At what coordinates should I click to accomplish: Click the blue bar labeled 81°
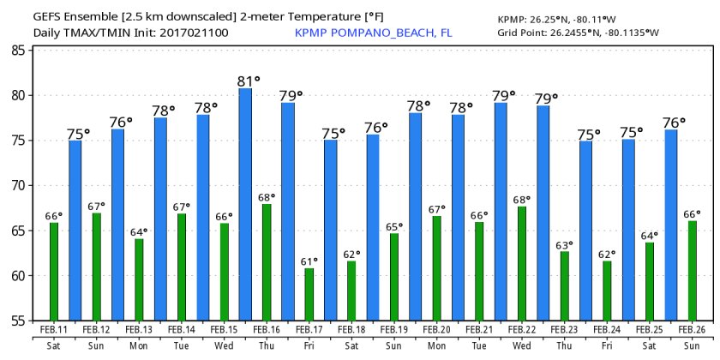(x=245, y=204)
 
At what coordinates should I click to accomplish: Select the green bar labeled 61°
(x=309, y=294)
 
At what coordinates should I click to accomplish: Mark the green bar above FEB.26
(x=692, y=270)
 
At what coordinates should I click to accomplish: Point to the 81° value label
(x=246, y=82)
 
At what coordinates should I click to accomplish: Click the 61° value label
(x=309, y=261)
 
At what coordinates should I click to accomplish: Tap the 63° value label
(x=565, y=245)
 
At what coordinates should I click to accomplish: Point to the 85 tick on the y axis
(x=17, y=51)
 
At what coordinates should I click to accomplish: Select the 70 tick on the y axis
(x=17, y=186)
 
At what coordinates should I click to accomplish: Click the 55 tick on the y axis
(x=17, y=321)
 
